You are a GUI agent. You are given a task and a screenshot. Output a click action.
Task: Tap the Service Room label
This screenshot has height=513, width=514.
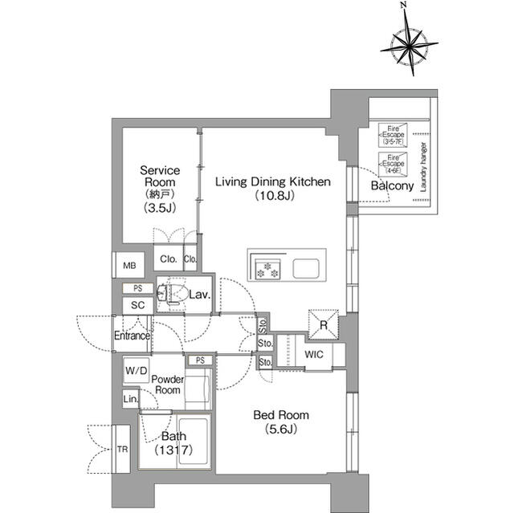160,189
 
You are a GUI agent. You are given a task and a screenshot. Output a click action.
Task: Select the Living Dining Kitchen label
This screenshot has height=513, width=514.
272,189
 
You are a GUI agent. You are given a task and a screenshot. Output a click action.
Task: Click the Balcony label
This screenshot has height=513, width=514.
392,186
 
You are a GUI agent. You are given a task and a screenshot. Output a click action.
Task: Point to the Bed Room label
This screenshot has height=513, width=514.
281,422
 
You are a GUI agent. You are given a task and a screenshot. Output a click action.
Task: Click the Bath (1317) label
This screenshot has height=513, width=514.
174,443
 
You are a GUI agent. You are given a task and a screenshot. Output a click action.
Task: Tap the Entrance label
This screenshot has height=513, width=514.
132,336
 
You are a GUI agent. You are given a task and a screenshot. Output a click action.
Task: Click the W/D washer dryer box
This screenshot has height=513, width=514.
135,371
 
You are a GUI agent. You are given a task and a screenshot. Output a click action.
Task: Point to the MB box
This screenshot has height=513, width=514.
129,266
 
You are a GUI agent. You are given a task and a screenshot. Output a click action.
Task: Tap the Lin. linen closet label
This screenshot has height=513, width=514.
130,399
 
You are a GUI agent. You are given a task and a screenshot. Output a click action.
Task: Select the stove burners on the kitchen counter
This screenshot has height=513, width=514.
267,269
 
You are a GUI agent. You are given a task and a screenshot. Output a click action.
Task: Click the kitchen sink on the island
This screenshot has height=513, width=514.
307,268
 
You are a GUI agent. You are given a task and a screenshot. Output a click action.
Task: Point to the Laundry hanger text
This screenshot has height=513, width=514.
423,165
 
